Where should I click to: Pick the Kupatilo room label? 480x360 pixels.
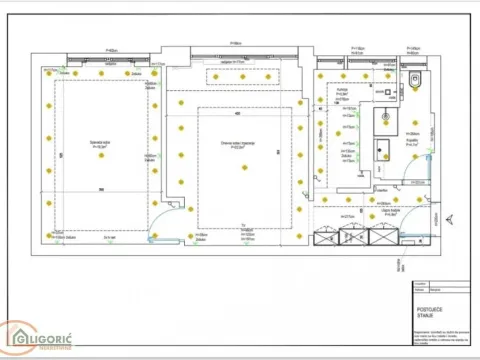point(411,143)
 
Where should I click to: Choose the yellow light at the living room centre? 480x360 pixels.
point(240,167)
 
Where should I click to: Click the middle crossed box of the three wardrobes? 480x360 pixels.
point(354,237)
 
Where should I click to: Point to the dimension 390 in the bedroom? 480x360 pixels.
point(101,189)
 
